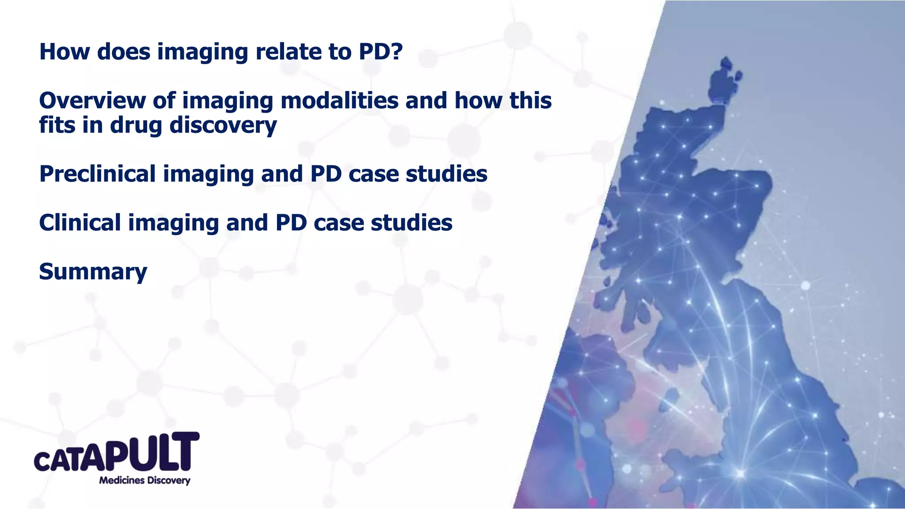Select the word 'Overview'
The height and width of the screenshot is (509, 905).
click(92, 101)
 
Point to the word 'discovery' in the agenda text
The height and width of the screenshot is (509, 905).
click(223, 125)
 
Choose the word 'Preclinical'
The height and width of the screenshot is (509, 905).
click(97, 174)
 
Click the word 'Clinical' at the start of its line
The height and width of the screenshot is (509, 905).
click(80, 223)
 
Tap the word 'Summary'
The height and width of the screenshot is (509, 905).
click(93, 272)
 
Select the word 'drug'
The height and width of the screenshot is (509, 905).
click(136, 125)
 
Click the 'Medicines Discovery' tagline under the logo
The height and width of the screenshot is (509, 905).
click(144, 481)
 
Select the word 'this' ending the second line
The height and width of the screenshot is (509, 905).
click(530, 101)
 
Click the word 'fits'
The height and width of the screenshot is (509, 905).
click(55, 125)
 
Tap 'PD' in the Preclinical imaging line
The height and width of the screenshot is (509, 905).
click(326, 174)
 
